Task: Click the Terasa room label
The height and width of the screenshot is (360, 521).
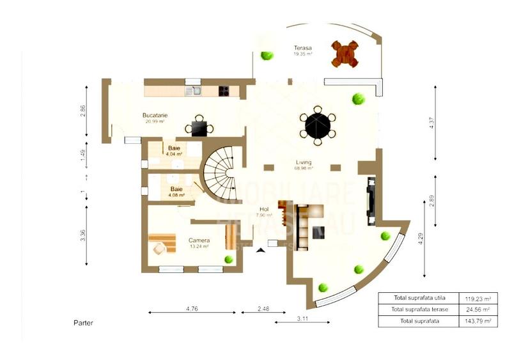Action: pyautogui.click(x=303, y=48)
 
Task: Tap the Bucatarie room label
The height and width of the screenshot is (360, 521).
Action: pyautogui.click(x=155, y=116)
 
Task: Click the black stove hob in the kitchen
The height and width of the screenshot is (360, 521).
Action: pyautogui.click(x=224, y=91)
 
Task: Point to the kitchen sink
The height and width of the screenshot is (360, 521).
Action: pyautogui.click(x=193, y=91)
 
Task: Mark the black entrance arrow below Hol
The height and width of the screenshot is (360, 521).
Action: pyautogui.click(x=260, y=251)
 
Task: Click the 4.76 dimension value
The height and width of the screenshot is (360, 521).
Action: pyautogui.click(x=191, y=309)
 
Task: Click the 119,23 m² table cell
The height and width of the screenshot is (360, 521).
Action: pyautogui.click(x=478, y=298)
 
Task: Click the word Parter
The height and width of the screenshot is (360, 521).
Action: pyautogui.click(x=83, y=323)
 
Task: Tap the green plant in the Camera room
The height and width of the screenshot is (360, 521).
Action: pyautogui.click(x=228, y=259)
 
